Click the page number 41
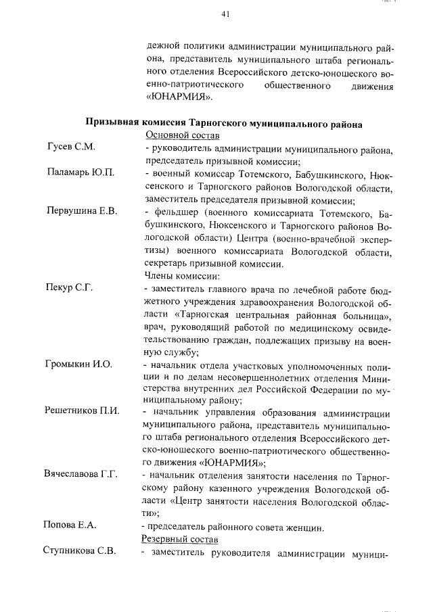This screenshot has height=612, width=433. point(226,14)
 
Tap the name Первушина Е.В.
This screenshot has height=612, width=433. point(82,212)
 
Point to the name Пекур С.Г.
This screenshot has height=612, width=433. point(70,288)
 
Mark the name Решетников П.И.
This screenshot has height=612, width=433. point(82,410)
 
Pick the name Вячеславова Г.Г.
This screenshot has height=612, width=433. point(81,473)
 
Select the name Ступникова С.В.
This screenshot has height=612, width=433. point(80,551)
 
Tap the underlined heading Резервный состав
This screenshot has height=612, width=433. point(179,539)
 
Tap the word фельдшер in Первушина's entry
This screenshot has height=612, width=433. point(174,212)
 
